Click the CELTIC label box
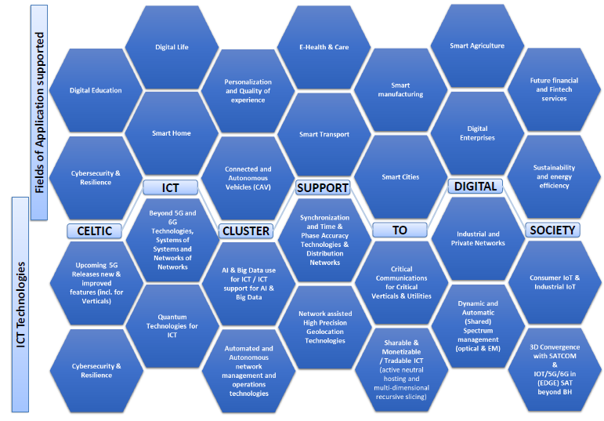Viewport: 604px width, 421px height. coord(94,231)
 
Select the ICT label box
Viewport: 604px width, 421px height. coord(170,187)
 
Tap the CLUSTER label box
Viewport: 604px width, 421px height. coord(246,231)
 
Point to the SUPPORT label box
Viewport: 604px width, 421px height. coord(323,187)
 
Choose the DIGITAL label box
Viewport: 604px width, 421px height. coord(476,187)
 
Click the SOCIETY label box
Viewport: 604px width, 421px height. coord(552,230)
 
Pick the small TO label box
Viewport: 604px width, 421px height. coord(400,230)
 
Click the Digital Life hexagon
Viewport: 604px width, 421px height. coord(172,47)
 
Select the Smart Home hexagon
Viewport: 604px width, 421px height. coord(172,133)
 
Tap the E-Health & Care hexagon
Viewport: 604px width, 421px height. coord(324,47)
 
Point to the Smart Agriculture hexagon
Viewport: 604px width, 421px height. coord(477,45)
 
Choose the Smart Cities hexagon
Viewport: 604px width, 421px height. coord(400,177)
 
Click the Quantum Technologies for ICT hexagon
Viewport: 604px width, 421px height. coord(172,326)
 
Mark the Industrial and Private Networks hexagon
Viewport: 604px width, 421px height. coord(478,238)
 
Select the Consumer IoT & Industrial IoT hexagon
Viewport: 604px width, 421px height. coord(555,282)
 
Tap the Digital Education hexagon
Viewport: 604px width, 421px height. coord(96,90)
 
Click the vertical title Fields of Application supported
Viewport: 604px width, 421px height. coord(39,112)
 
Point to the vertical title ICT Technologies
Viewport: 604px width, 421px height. coord(20,304)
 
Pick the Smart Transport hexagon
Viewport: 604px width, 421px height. coord(324,134)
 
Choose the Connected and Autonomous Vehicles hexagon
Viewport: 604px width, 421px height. coord(248,178)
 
